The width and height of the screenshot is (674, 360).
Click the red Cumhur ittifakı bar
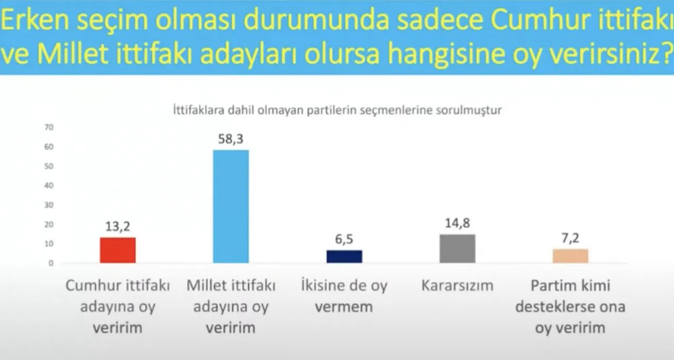pos(117,250)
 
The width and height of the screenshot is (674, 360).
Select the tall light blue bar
pos(231,206)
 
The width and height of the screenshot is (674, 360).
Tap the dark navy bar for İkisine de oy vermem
pos(344,256)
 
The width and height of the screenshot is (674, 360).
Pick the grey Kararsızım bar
pos(457,248)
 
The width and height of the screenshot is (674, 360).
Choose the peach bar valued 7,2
pos(570,256)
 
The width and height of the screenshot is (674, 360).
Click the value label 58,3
pos(231,140)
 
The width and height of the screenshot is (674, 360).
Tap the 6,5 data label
pos(344,240)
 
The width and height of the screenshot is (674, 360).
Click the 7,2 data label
pos(570,239)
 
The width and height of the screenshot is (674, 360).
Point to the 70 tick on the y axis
pos(49,127)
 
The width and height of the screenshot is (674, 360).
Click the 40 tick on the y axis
pos(49,186)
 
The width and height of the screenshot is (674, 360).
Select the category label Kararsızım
pos(457,286)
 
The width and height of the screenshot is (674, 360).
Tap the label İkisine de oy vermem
pos(344,296)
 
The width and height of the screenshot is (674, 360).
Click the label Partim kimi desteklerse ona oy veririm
pos(570,307)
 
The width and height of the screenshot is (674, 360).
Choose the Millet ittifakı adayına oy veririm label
pos(231,307)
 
